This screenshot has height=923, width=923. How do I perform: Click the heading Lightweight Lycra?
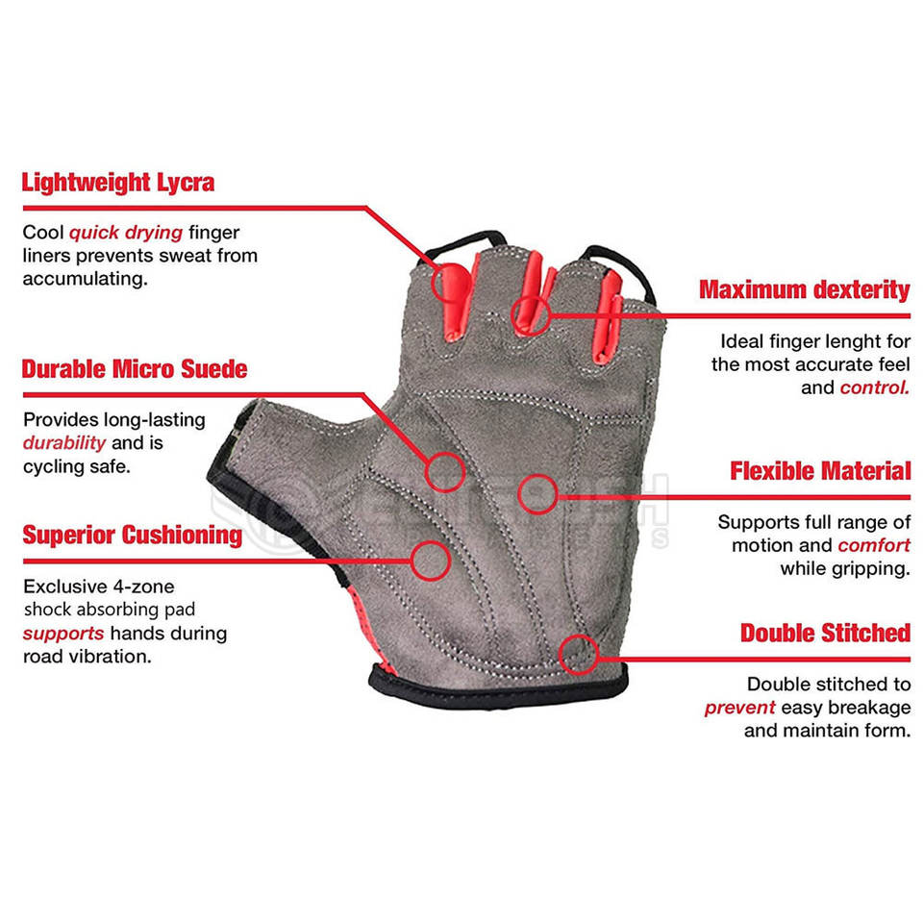[118, 182]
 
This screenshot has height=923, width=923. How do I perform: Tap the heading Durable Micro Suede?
[135, 369]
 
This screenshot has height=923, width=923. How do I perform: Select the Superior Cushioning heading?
[133, 535]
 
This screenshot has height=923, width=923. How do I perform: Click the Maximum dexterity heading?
[804, 289]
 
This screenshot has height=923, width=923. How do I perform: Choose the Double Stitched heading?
[825, 634]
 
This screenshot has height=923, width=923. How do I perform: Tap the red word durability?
[64, 443]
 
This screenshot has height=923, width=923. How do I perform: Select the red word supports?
[62, 634]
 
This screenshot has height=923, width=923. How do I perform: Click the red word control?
[874, 387]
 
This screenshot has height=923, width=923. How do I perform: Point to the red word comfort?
[873, 545]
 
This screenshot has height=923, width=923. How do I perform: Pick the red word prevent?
[739, 708]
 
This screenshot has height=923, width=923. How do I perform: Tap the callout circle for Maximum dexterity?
[530, 312]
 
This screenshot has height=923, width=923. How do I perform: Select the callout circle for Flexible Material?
[537, 494]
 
